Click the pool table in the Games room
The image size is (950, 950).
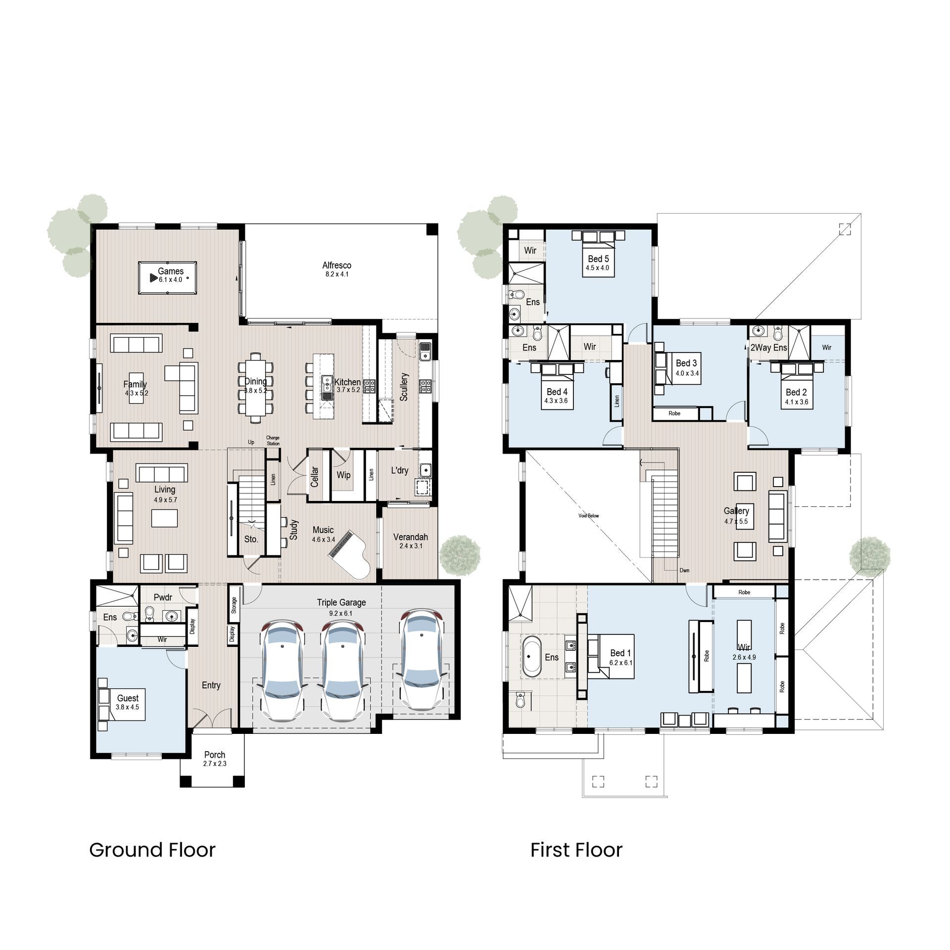[167, 278]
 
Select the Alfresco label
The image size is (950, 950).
[336, 266]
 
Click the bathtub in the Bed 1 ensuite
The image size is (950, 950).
[532, 657]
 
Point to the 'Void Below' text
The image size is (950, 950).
[588, 516]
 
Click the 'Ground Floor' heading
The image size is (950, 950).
[152, 850]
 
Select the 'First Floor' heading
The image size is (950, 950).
[576, 850]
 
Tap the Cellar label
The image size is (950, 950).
[314, 477]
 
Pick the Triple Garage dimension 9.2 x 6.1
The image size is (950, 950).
[341, 613]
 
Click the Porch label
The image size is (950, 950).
[214, 755]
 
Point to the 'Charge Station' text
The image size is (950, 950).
[273, 441]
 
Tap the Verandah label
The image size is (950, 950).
[410, 537]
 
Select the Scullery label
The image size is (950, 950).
[404, 387]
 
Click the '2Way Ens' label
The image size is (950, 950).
[768, 348]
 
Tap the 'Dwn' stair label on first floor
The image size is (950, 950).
[684, 570]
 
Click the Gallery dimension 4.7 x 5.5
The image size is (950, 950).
[736, 522]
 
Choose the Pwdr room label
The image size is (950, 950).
[163, 597]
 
